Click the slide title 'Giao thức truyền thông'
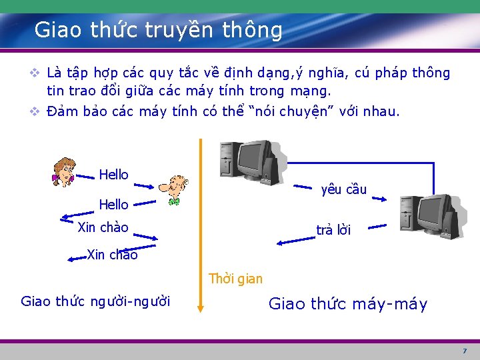point(159,30)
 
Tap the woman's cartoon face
point(65,170)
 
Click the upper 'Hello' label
point(113,175)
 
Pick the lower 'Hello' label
point(113,204)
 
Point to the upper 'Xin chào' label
point(103,227)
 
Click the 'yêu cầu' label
point(343,189)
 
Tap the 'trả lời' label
point(333,230)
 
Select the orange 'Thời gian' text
point(235,279)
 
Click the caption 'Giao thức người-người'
point(95,301)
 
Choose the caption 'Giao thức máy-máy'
point(347,305)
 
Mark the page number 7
point(465,351)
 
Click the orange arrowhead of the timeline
point(200,307)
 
